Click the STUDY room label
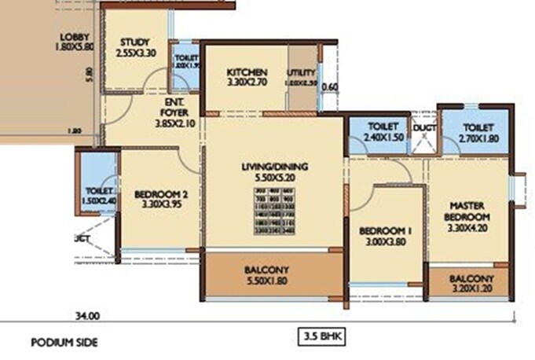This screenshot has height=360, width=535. (136, 42)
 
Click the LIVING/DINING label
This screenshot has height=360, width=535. (274, 167)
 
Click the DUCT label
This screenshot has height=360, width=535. (425, 127)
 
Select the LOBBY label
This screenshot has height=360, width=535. (76, 37)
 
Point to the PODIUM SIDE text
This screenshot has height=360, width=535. (64, 343)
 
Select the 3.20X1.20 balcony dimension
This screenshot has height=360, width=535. (471, 290)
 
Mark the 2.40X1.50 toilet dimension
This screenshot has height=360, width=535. (383, 138)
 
